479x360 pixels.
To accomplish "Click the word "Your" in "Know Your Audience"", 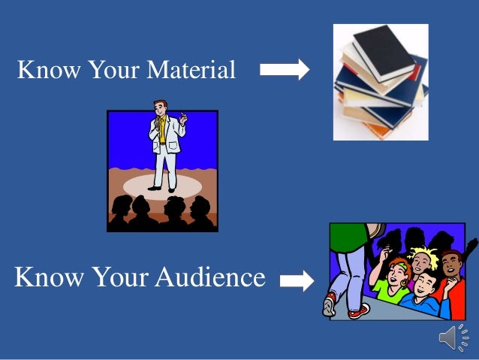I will point(119,277).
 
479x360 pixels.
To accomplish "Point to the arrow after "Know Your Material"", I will point(285,70).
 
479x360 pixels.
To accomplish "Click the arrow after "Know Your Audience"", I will point(297,281).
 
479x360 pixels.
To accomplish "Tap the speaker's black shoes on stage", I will point(163,187).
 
